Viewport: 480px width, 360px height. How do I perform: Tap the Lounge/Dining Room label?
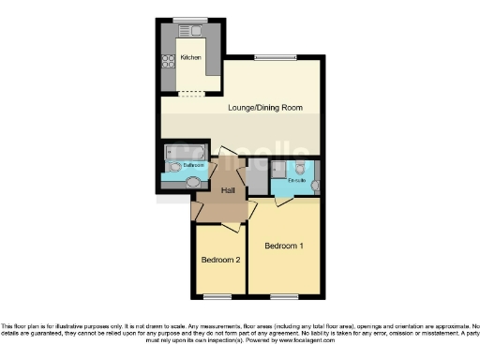tap(265, 108)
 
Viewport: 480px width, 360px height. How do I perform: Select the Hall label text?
tap(227, 190)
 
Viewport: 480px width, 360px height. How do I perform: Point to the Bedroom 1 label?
tap(283, 247)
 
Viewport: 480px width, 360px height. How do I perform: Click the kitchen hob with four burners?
tap(169, 62)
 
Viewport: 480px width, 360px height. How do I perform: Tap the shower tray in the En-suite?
tap(279, 169)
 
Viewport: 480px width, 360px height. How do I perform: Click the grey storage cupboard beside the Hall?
tap(256, 174)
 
